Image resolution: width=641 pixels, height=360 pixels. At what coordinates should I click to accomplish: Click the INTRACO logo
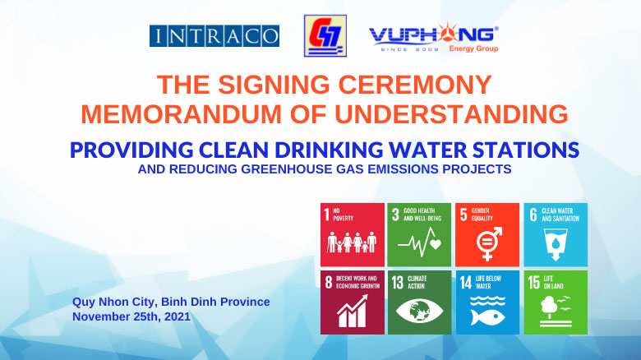click(214, 36)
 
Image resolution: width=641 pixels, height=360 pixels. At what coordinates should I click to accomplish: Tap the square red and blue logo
click(325, 36)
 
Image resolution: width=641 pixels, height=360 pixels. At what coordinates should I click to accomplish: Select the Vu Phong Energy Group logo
click(434, 38)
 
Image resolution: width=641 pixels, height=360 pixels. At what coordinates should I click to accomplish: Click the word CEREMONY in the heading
click(415, 85)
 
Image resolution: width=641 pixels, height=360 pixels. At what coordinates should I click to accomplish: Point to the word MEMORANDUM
click(181, 113)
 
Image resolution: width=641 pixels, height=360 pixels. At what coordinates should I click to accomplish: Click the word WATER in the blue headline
click(428, 150)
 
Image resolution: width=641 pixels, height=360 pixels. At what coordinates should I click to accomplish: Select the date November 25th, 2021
click(131, 316)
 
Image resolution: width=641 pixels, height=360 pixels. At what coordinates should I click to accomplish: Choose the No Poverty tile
click(353, 235)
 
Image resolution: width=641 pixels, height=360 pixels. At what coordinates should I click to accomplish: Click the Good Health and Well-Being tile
click(419, 235)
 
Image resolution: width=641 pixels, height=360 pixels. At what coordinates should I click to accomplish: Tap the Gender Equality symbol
click(488, 244)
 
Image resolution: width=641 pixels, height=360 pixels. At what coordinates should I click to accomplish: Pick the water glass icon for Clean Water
click(556, 244)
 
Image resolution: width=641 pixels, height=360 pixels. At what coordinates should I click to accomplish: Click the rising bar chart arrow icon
click(353, 312)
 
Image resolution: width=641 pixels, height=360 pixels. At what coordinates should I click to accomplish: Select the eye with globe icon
click(419, 311)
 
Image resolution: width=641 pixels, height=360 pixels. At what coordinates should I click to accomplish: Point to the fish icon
click(487, 317)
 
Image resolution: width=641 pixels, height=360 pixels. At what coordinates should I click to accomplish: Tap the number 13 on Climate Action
click(398, 283)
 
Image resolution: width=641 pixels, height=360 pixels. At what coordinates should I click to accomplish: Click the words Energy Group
click(473, 48)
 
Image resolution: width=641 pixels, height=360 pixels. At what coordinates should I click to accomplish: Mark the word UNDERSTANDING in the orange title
click(451, 113)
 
